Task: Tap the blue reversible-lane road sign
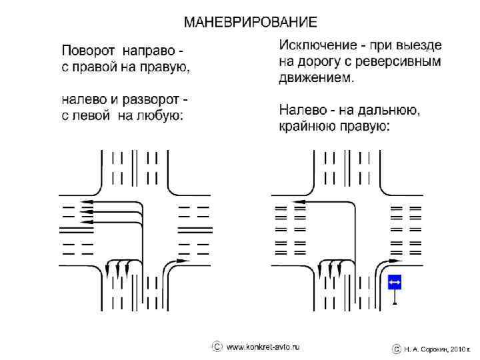tap(395, 283)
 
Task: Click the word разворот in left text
tap(153, 101)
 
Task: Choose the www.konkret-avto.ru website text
tap(264, 347)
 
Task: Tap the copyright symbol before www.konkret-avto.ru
tap(217, 347)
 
